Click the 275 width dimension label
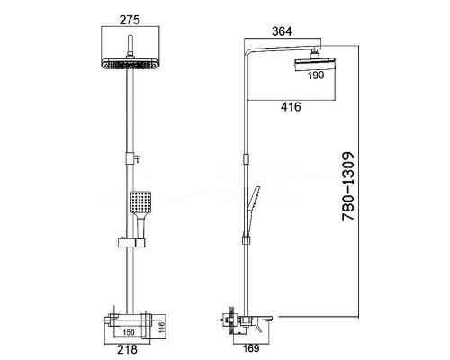pyautogui.click(x=130, y=20)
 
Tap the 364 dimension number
pyautogui.click(x=282, y=31)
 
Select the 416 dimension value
pyautogui.click(x=291, y=107)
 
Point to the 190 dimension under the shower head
pyautogui.click(x=316, y=76)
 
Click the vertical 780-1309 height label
pyautogui.click(x=348, y=186)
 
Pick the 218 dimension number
pyautogui.click(x=127, y=349)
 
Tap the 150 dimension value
pyautogui.click(x=129, y=332)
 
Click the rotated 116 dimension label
pyautogui.click(x=162, y=328)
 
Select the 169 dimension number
pyautogui.click(x=251, y=348)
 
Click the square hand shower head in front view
pyautogui.click(x=140, y=202)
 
